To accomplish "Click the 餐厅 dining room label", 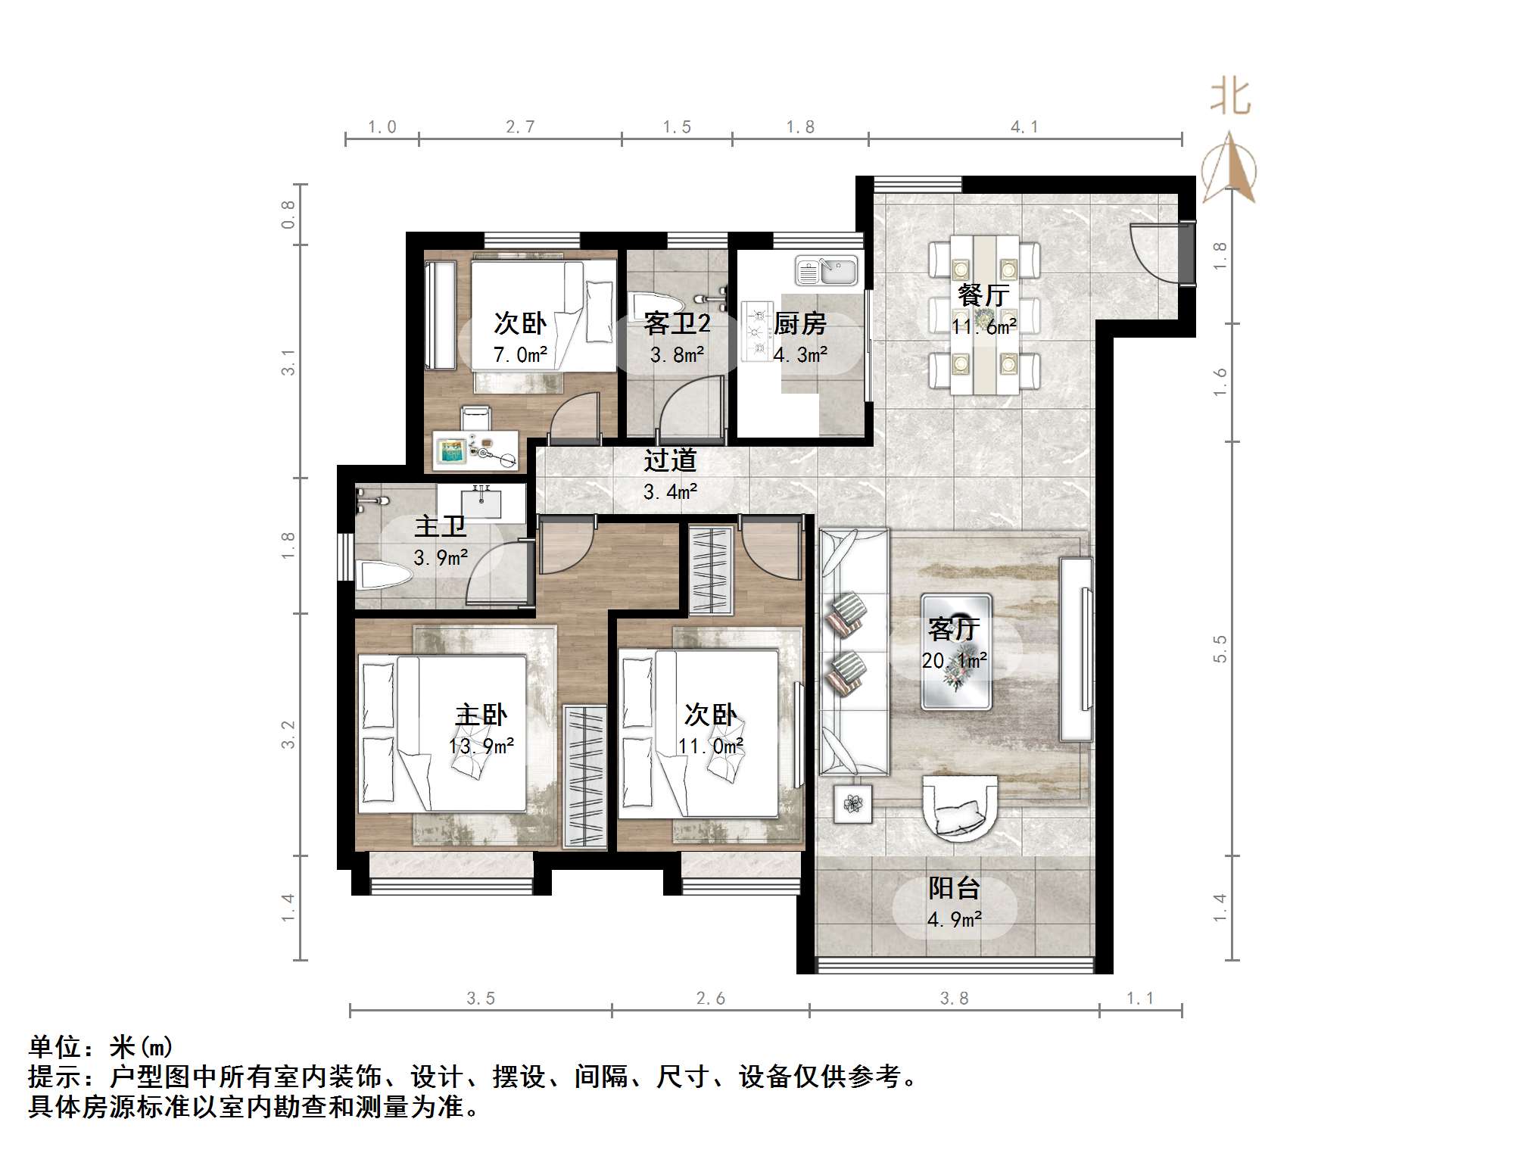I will [x=983, y=295].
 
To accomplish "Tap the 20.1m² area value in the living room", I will [x=954, y=660].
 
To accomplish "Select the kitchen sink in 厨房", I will [x=826, y=270].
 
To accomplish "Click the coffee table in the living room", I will [x=956, y=651].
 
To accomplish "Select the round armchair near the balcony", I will [x=960, y=808].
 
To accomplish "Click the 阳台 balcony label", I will [x=954, y=887].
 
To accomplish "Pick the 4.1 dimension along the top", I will [x=1024, y=127].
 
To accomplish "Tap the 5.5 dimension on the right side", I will [x=1220, y=649].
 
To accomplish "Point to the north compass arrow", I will [x=1230, y=168].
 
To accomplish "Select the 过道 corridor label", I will [x=670, y=460].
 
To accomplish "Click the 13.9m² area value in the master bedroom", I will [x=481, y=746].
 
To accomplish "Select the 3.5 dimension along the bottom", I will [x=480, y=999].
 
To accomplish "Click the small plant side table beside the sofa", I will [x=852, y=803].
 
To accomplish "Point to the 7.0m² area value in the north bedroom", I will [x=520, y=354].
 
